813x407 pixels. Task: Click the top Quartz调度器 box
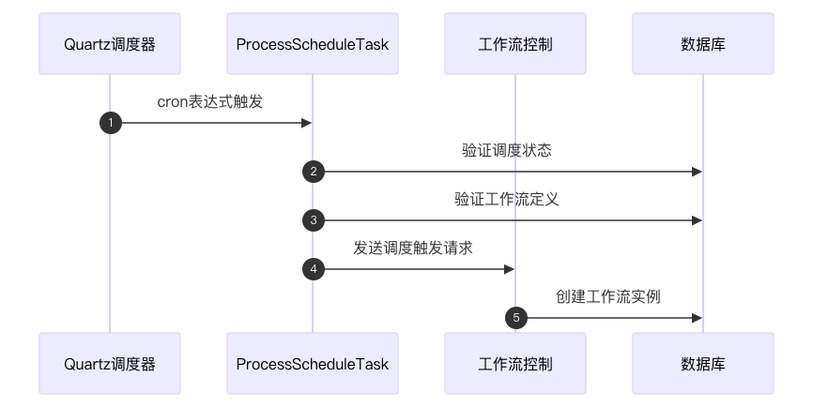coord(109,43)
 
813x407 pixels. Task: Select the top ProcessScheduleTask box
coord(312,43)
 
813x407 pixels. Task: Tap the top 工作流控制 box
coord(514,43)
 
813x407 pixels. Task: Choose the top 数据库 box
coord(702,43)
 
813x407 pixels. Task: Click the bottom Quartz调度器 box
coord(109,363)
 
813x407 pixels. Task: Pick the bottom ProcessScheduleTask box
coord(312,363)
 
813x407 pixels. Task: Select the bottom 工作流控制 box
coord(514,363)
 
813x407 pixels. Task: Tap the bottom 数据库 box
coord(702,363)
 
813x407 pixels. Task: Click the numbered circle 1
coord(111,123)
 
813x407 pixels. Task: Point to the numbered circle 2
coord(314,172)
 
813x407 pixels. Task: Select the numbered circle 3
coord(314,220)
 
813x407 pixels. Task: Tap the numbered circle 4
coord(314,269)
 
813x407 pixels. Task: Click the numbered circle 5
coord(516,318)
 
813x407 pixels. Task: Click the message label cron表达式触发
coord(210,102)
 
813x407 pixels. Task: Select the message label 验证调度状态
coord(507,151)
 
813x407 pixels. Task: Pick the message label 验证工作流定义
coord(507,200)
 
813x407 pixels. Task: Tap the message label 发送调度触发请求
coord(413,249)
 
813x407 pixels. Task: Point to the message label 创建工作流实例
coord(608,297)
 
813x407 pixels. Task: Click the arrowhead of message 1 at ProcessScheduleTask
coord(306,123)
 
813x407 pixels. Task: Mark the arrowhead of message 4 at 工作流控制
coord(509,269)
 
